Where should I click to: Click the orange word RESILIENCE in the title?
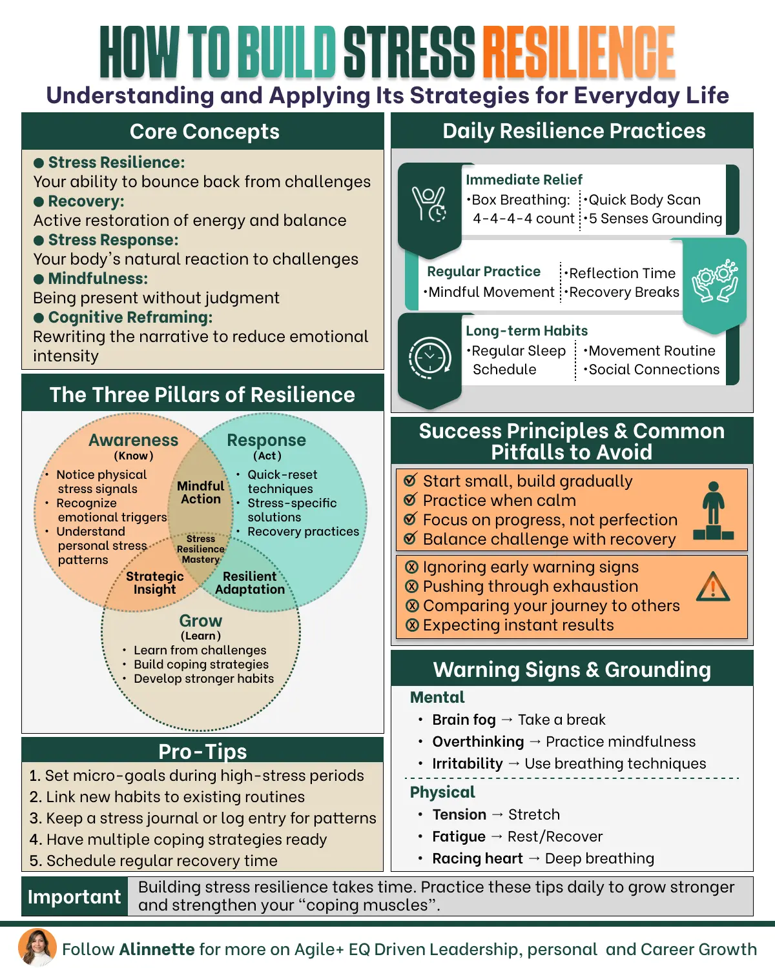click(579, 52)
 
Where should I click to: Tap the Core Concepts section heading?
click(204, 132)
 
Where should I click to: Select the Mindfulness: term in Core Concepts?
click(98, 279)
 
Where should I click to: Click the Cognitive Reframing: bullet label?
click(130, 318)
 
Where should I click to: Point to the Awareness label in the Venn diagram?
click(133, 440)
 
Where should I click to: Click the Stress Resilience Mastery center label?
click(201, 549)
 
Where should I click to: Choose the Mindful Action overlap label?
click(201, 492)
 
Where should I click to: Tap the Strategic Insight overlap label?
click(155, 583)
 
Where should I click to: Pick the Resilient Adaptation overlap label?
click(250, 583)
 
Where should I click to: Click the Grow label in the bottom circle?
click(201, 621)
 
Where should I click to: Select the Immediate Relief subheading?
click(524, 179)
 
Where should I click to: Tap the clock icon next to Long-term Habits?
click(429, 357)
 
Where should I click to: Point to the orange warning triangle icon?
click(713, 587)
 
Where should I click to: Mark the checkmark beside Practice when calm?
click(409, 500)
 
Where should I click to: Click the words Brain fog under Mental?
click(464, 720)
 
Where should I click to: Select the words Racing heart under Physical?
click(477, 858)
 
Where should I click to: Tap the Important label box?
click(74, 897)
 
